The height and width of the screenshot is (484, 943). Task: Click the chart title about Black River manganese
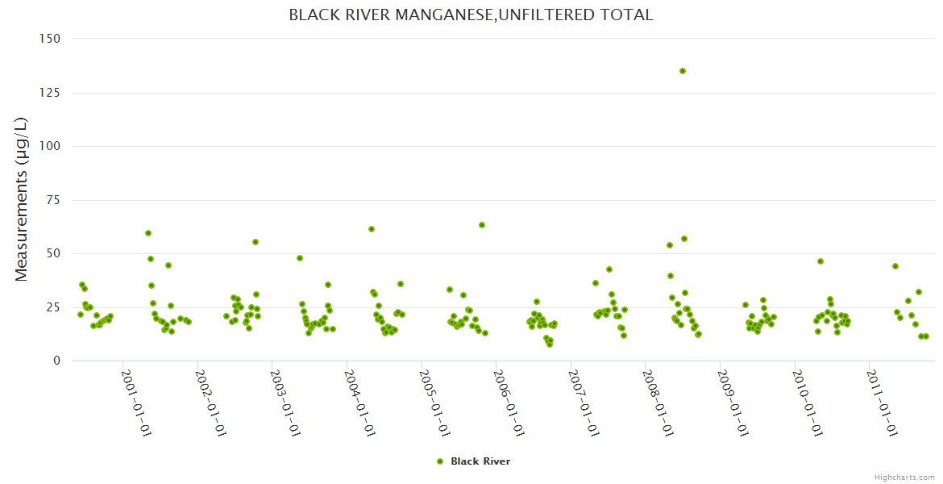[471, 15]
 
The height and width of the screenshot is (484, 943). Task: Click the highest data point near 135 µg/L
[683, 71]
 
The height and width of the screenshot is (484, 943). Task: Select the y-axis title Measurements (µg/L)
[22, 200]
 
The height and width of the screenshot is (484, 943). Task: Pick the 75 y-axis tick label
[53, 200]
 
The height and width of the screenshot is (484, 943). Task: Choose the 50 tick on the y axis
[53, 253]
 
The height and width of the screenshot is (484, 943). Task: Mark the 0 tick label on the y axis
[56, 361]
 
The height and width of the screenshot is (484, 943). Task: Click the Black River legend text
[480, 461]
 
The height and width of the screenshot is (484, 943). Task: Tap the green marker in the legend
[440, 461]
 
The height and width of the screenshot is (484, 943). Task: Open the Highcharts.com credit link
[904, 478]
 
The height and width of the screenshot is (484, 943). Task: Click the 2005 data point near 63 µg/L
[482, 225]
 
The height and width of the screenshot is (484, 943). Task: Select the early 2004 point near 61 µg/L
[372, 229]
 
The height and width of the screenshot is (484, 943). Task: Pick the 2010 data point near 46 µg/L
[820, 261]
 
